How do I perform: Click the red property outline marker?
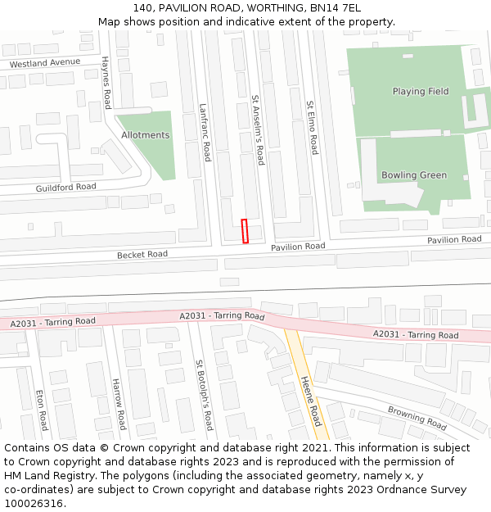tap(245, 231)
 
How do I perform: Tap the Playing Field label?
tap(420, 92)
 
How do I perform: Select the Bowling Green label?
tap(414, 175)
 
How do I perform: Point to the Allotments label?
tap(146, 135)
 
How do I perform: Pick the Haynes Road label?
tap(106, 83)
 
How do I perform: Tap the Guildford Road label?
tap(65, 187)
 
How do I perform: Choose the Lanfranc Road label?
tap(205, 132)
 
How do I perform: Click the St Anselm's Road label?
tap(258, 129)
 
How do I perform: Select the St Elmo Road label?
tap(312, 128)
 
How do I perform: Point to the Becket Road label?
tap(142, 255)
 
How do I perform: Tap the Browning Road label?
tap(417, 418)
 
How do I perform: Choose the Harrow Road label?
tap(118, 405)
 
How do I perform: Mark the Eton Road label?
tap(40, 410)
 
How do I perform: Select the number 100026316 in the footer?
tap(34, 503)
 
